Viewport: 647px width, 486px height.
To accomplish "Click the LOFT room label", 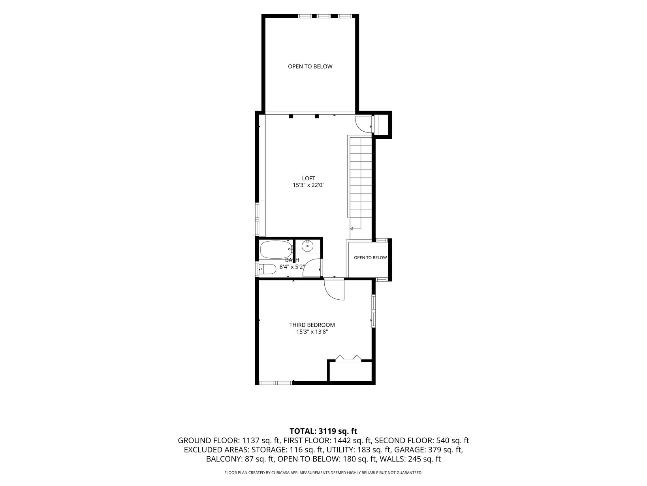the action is tap(308, 178).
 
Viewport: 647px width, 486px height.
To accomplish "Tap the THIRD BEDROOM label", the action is tap(312, 325).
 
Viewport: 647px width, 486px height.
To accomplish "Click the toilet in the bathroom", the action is tap(268, 269).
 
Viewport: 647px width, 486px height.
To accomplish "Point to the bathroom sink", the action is tap(307, 246).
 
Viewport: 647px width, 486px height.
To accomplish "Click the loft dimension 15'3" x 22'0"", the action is tap(308, 185).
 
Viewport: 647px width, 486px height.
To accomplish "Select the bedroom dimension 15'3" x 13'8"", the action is tap(312, 332).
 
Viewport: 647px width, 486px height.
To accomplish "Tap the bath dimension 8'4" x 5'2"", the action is tap(292, 267).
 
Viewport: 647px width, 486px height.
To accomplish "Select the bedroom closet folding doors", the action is tap(348, 358).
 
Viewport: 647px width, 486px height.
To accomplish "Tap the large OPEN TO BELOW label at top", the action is tap(310, 67).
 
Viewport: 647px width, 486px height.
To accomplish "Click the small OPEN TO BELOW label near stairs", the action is tap(370, 257).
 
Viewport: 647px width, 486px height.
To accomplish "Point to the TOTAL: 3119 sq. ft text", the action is tap(323, 431).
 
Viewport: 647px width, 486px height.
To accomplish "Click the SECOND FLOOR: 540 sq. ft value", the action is tap(422, 441).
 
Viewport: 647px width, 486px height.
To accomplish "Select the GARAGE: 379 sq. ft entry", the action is tap(428, 450).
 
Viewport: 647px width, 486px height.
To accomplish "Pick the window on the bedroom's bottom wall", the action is tap(276, 383).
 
